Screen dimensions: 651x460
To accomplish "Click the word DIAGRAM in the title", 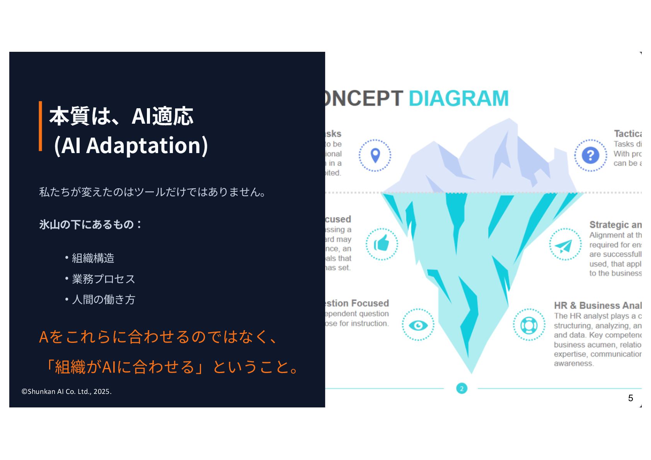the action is tap(458, 98).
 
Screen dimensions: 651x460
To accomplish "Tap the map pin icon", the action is tap(375, 155).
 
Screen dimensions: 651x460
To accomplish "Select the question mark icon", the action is tap(590, 155).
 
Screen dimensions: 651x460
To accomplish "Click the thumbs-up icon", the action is tap(382, 244).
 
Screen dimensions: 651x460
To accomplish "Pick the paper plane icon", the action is tap(565, 245).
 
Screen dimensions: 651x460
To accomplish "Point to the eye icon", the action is tap(418, 325).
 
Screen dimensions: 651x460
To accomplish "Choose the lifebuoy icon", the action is tap(529, 325).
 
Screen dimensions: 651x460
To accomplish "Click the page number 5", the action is tap(631, 398).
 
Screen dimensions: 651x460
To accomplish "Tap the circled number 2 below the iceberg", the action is tap(462, 388).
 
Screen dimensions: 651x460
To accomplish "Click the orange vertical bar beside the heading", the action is tap(40, 126).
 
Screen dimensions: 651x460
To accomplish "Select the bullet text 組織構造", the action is tap(93, 258).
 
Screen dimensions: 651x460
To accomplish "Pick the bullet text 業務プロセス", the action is tap(103, 279).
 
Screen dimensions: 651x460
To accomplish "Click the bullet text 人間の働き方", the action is tap(103, 300).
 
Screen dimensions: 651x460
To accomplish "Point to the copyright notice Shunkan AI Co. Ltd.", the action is tap(66, 392).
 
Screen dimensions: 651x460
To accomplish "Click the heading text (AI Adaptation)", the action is tap(131, 146).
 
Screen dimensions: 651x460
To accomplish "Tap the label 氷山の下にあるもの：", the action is tap(90, 225).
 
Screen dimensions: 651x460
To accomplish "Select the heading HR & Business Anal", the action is tap(597, 306).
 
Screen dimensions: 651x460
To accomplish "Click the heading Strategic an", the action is tap(615, 225).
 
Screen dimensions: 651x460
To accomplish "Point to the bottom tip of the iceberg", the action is tap(471, 372).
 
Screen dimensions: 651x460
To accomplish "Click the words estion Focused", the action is tap(357, 303).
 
